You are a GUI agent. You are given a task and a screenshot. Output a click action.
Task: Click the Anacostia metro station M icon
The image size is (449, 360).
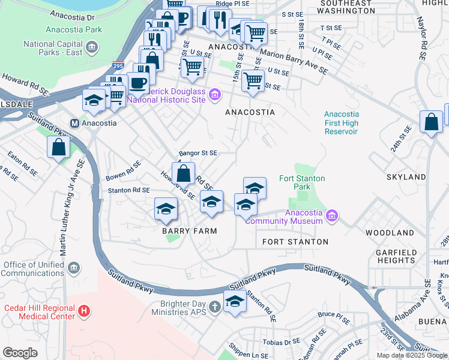[x=76, y=123]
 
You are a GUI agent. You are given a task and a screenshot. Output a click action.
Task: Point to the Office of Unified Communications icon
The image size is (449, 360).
[x=73, y=268]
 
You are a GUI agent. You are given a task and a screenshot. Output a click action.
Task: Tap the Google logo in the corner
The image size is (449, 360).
[x=20, y=353]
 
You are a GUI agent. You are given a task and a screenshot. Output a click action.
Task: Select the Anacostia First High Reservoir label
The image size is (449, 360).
[x=341, y=122]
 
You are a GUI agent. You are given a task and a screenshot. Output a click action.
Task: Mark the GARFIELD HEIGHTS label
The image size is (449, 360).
[x=396, y=256]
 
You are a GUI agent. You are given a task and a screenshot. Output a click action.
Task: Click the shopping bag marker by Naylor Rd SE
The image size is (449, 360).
[x=431, y=122]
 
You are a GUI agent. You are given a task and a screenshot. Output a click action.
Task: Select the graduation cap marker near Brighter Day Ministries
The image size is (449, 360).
[x=235, y=301]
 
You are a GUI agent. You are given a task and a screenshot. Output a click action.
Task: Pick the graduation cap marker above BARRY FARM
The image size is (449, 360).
[x=166, y=208]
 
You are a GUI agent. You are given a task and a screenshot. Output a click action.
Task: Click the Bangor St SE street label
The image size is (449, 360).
[x=197, y=153]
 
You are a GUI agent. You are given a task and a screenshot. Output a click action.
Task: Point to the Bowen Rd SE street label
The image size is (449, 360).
[x=123, y=171]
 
